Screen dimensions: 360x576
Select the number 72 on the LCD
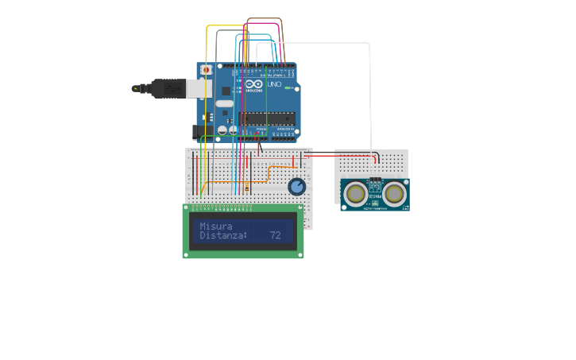click(275, 236)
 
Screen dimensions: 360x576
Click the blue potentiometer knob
click(296, 187)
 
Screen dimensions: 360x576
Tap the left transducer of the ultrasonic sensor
click(355, 192)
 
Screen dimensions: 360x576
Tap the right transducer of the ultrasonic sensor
click(395, 192)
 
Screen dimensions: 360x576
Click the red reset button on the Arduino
click(207, 70)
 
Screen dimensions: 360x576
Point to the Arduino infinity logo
click(253, 84)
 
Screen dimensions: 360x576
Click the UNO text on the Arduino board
click(273, 84)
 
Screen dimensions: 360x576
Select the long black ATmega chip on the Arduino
click(267, 118)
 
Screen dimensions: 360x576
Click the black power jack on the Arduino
click(204, 131)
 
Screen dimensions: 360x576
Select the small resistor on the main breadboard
click(247, 188)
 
